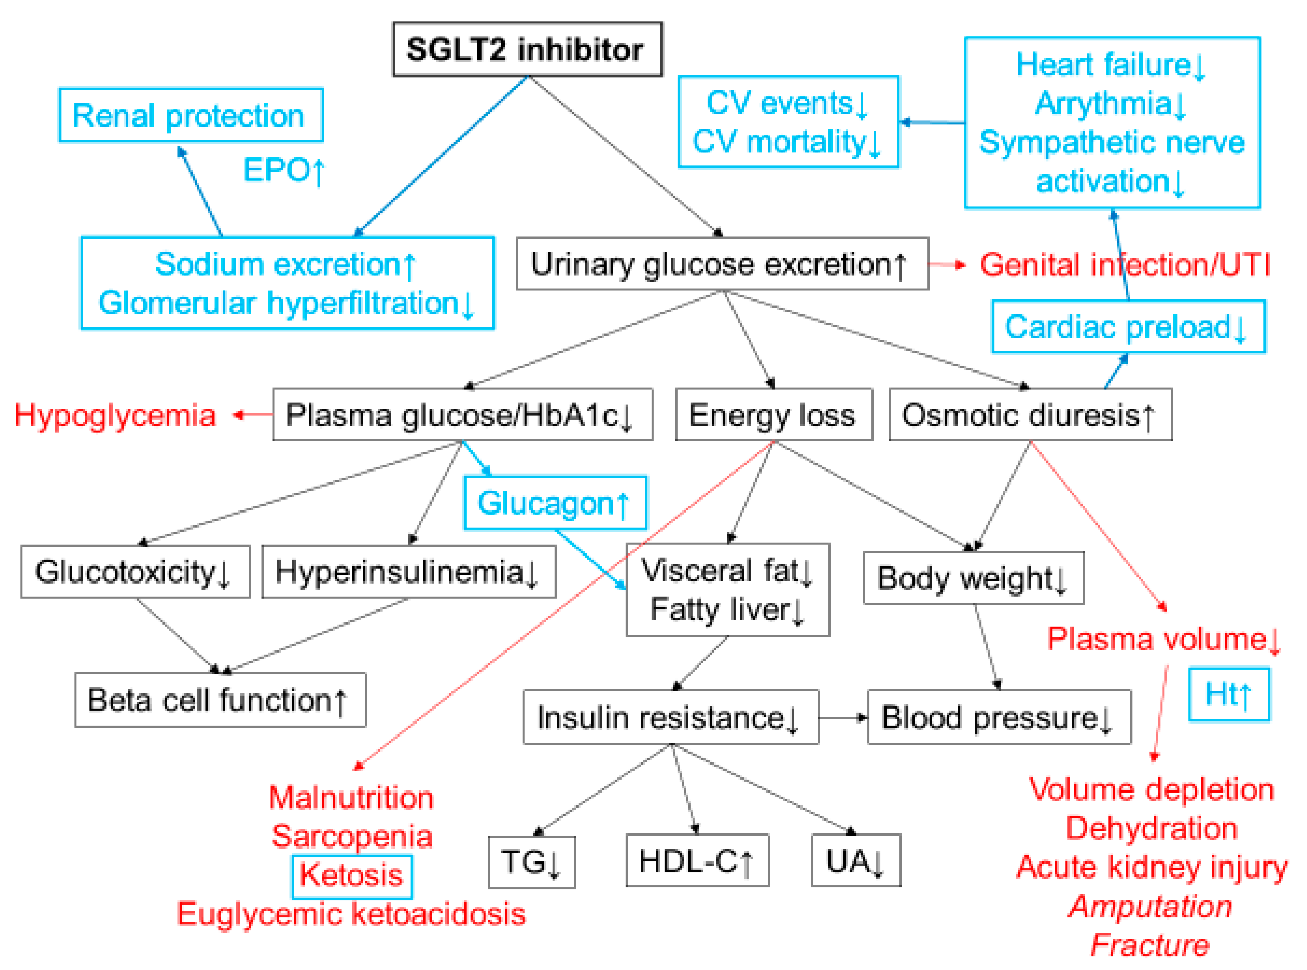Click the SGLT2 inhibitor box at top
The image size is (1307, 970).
pyautogui.click(x=527, y=50)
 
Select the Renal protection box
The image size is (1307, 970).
pyautogui.click(x=190, y=115)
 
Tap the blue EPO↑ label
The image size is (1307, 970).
pyautogui.click(x=283, y=170)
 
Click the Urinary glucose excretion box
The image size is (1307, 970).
pyautogui.click(x=722, y=264)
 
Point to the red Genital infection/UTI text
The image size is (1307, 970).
pyautogui.click(x=1124, y=265)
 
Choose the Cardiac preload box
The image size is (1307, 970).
pyautogui.click(x=1127, y=327)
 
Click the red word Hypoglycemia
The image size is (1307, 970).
pyautogui.click(x=115, y=416)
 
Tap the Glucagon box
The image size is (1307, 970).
pyautogui.click(x=554, y=503)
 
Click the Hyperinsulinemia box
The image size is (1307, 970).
pyautogui.click(x=408, y=572)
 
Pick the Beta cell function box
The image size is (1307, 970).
pyautogui.click(x=220, y=700)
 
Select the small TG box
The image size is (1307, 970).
pyautogui.click(x=531, y=862)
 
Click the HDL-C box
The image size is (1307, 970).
pyautogui.click(x=697, y=861)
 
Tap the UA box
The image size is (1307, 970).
pyautogui.click(x=856, y=861)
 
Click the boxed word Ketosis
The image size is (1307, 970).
pyautogui.click(x=352, y=876)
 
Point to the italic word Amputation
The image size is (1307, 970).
pyautogui.click(x=1150, y=906)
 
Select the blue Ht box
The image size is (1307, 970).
pyautogui.click(x=1228, y=695)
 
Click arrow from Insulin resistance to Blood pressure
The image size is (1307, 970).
pyautogui.click(x=843, y=718)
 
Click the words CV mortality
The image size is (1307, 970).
pyautogui.click(x=787, y=142)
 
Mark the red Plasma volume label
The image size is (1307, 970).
pyautogui.click(x=1163, y=639)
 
